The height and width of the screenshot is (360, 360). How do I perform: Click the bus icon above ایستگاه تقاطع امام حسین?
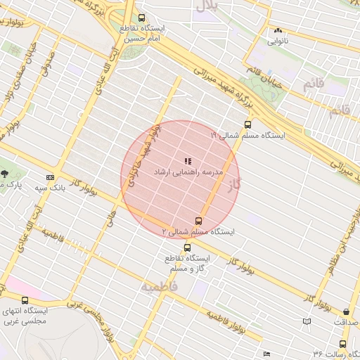[x=142, y=18]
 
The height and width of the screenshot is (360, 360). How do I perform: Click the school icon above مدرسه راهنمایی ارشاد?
[x=188, y=162]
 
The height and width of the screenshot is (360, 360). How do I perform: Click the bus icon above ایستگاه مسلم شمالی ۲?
[x=198, y=221]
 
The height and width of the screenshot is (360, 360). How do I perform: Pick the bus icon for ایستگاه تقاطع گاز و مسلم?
[x=187, y=247]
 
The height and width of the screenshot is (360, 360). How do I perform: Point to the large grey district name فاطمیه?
[x=158, y=287]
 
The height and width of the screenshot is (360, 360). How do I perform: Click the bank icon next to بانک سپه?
[x=50, y=177]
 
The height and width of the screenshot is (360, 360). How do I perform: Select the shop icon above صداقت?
[x=345, y=311]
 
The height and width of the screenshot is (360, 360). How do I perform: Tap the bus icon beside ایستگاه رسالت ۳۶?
[x=342, y=345]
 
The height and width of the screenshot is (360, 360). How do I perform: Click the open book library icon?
[x=306, y=321]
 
